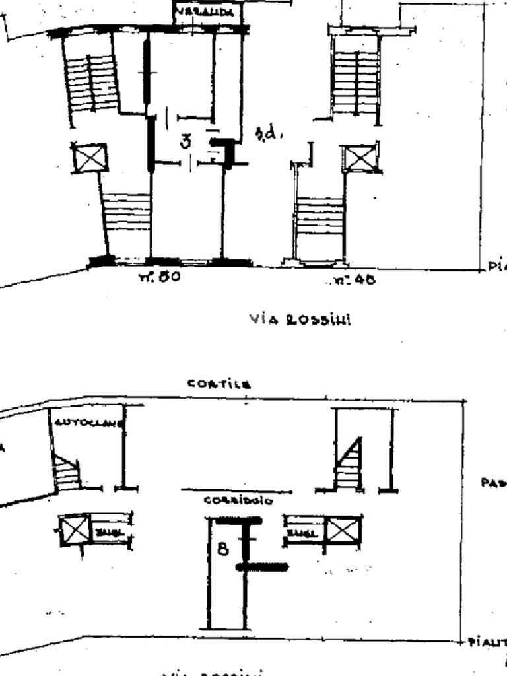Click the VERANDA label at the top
point(207,12)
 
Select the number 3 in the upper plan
point(187,141)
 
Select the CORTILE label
point(219,384)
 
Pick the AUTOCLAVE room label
point(87,423)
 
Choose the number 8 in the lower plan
point(224,548)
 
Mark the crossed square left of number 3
point(89,158)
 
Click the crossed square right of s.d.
point(360,158)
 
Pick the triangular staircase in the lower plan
point(349,465)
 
